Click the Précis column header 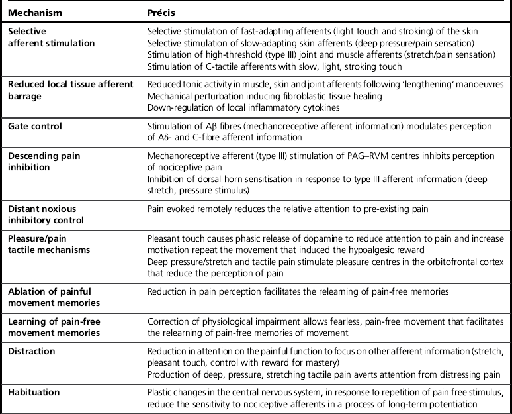(x=161, y=13)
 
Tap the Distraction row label (x=31, y=351)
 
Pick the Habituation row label (x=34, y=393)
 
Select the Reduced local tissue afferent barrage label (x=70, y=90)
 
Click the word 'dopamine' (x=296, y=237)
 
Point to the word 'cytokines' (x=292, y=107)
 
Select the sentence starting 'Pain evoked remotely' (x=287, y=209)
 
